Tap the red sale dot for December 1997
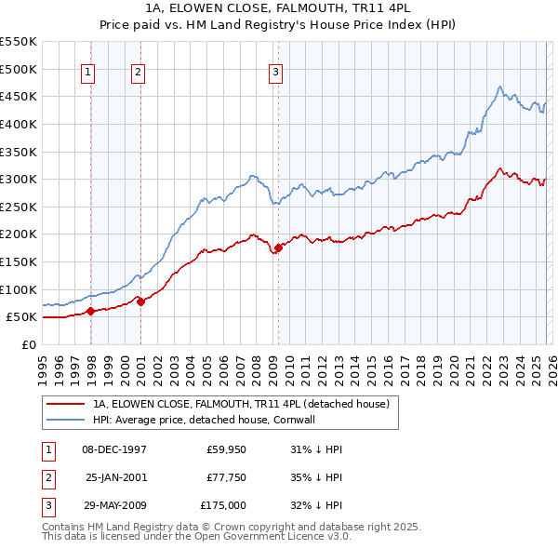point(90,312)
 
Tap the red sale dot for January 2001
point(140,301)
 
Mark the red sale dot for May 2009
point(278,248)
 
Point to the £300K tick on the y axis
point(19,179)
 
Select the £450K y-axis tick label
point(19,96)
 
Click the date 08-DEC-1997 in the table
point(115,449)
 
